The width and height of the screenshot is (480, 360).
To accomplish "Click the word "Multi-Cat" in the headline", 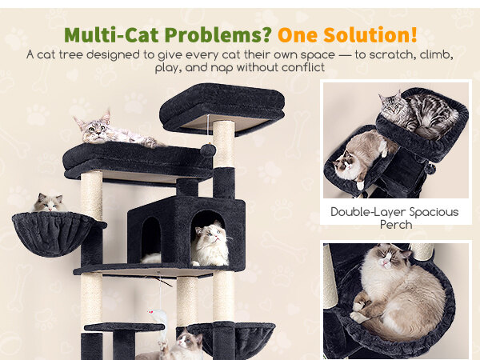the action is click(111, 34).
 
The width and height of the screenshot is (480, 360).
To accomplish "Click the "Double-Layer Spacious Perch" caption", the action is click(395, 218).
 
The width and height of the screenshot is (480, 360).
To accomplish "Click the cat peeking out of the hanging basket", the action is click(50, 202).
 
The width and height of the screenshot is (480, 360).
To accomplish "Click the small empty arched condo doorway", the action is click(151, 238).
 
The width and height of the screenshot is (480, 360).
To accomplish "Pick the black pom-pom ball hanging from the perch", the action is click(208, 150).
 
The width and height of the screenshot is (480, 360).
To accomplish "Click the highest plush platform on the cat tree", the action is click(222, 107).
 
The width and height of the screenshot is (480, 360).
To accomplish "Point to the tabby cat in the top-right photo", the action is click(418, 114).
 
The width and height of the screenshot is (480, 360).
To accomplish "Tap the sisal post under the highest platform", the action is click(224, 144).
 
